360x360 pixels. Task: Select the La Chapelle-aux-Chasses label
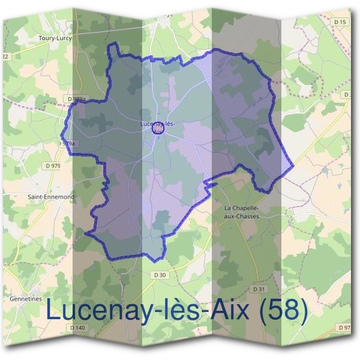coord(241,212)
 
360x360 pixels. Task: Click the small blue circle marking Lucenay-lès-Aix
coord(160,128)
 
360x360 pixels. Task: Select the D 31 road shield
coord(259,289)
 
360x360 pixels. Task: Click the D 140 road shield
coord(77,328)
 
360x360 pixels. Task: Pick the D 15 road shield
coord(340,22)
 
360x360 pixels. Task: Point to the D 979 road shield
coord(52,164)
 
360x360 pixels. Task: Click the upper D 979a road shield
coord(77,98)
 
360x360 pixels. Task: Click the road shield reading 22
coord(5,56)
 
